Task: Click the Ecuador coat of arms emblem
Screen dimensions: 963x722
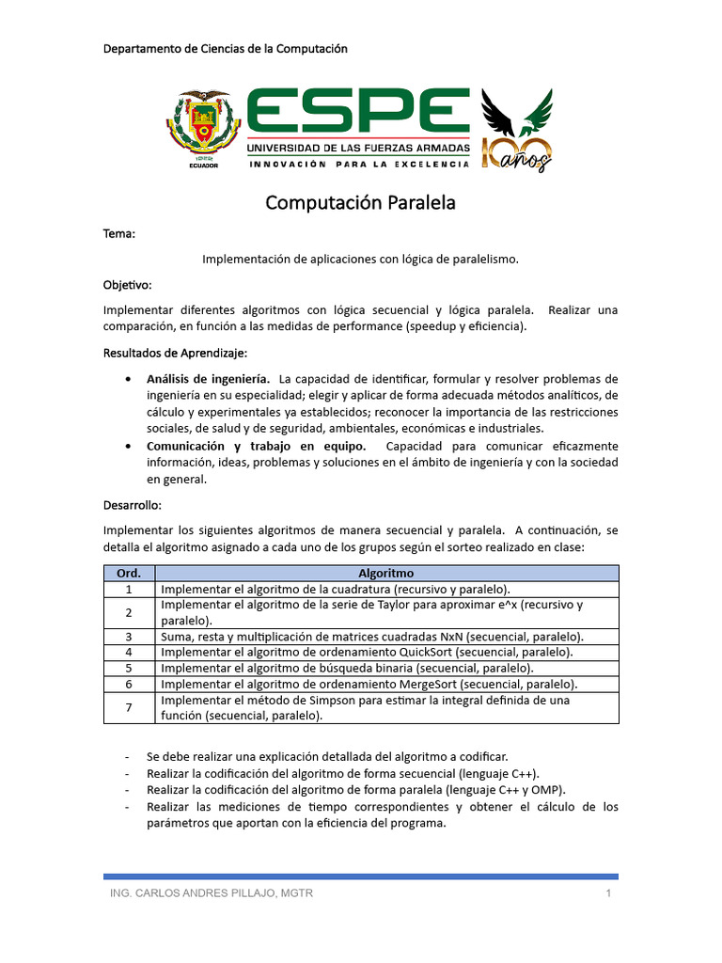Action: (x=204, y=126)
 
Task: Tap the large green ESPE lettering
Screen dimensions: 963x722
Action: (x=357, y=112)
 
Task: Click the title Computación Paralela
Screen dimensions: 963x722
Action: (x=360, y=203)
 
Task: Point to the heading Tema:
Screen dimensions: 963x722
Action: (x=119, y=233)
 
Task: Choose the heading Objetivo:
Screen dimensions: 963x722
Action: (x=127, y=283)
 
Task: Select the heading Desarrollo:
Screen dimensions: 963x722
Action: (x=132, y=505)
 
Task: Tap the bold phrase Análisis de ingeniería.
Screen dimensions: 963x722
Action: (x=208, y=378)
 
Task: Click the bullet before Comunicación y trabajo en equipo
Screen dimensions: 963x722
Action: (x=127, y=446)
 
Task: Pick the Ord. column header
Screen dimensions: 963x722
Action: (x=129, y=573)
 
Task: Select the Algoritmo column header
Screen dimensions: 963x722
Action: (x=386, y=573)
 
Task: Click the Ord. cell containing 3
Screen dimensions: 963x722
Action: (x=129, y=637)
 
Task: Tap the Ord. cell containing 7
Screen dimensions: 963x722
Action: (x=129, y=707)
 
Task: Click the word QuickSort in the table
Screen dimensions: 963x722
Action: (x=436, y=652)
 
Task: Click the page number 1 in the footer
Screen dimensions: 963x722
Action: (x=609, y=893)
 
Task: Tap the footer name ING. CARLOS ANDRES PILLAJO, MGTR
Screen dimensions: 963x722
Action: (x=212, y=893)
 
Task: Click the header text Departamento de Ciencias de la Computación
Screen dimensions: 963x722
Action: (x=226, y=49)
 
